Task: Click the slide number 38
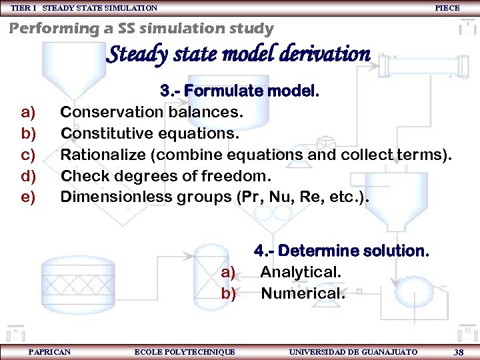(459, 351)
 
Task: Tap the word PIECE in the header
(447, 7)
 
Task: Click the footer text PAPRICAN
(49, 351)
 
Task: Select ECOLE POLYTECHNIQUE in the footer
(185, 351)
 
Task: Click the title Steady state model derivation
(238, 53)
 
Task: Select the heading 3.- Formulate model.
(239, 91)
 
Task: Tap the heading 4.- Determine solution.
(341, 251)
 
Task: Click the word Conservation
(106, 111)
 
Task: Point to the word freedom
(239, 176)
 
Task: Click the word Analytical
(301, 271)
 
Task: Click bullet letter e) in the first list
(29, 197)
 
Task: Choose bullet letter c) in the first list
(29, 155)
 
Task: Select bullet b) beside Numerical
(229, 293)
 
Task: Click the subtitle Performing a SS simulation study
(141, 28)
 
